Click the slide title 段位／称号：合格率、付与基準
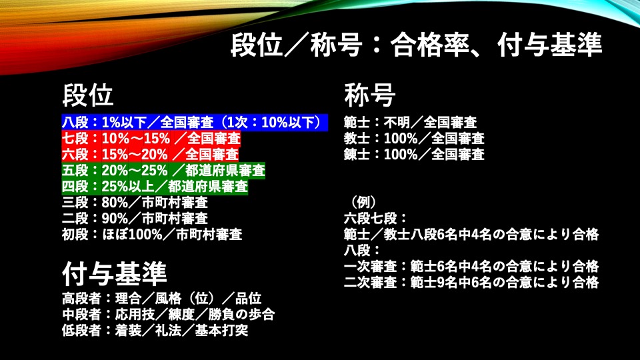point(416,44)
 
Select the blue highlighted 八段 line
point(195,123)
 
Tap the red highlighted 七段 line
point(151,139)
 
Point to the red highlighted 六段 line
point(150,154)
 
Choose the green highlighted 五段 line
point(163,170)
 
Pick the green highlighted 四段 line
point(155,187)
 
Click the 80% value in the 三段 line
point(115,203)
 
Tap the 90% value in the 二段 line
point(115,219)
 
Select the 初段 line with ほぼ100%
point(152,234)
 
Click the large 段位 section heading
point(88,95)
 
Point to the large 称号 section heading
point(370,95)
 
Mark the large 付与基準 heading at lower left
point(114,273)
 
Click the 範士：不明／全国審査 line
point(410,123)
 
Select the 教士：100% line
point(414,139)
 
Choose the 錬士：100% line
point(414,154)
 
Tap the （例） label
point(363,203)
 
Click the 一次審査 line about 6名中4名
point(471,266)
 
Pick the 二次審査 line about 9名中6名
point(471,282)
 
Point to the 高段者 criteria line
point(161,299)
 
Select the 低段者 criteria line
point(155,330)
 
